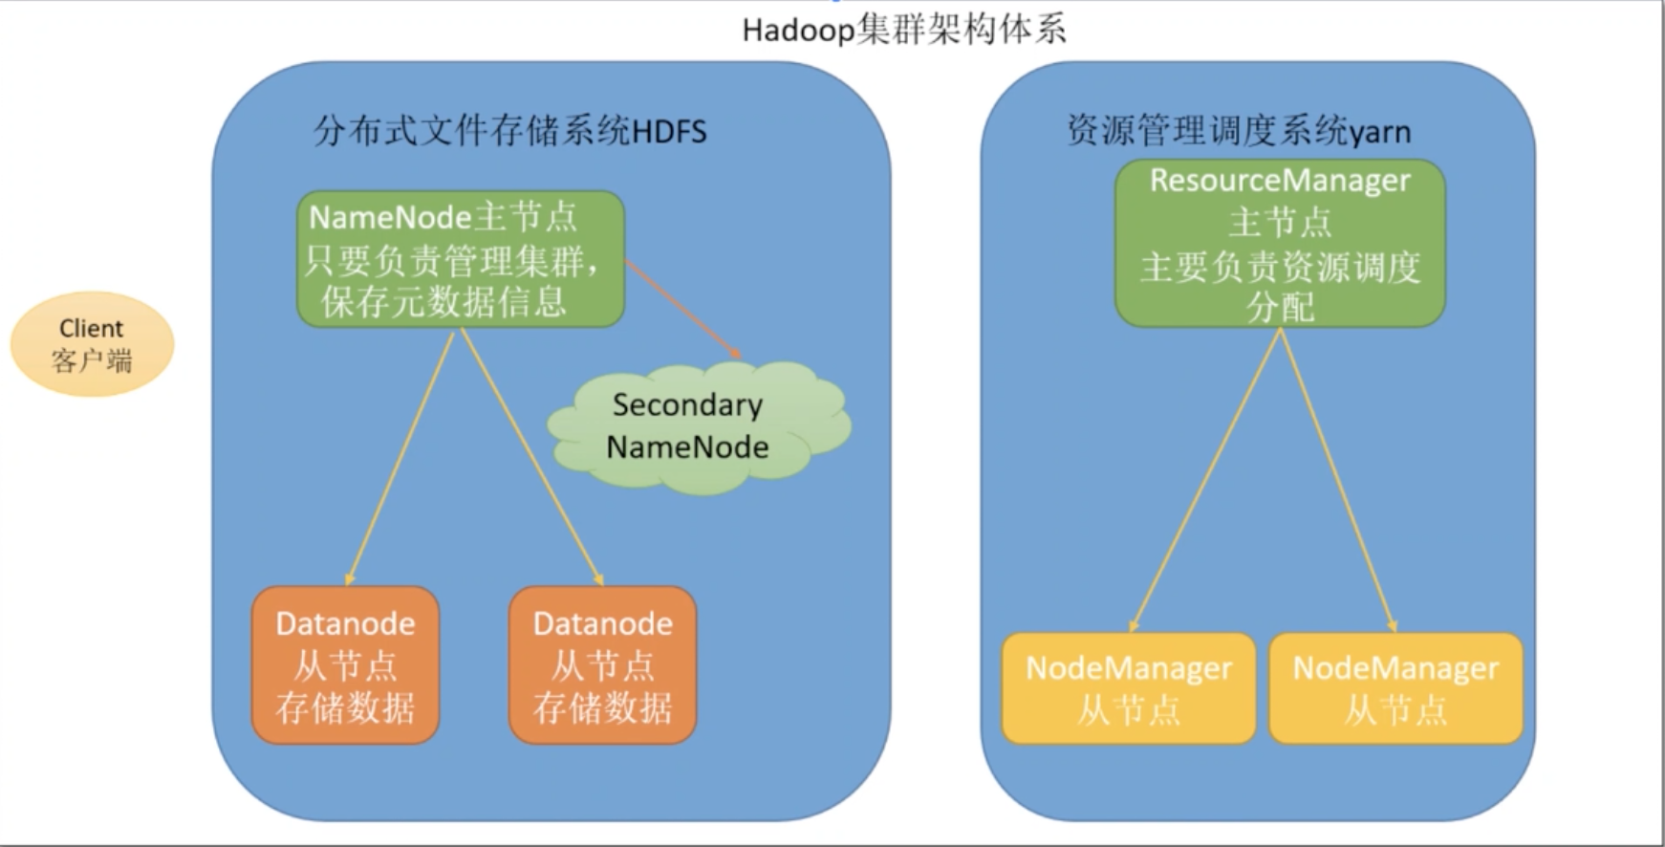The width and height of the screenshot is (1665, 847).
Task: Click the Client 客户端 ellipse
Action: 92,344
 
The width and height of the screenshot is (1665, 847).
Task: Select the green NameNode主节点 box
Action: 461,259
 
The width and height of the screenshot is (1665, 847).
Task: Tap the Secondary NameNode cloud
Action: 699,426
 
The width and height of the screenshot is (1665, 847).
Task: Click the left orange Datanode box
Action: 345,665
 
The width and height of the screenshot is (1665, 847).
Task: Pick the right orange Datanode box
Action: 602,665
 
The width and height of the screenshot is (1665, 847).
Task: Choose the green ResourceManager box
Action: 1280,244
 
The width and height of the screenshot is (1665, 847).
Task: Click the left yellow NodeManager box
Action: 1129,688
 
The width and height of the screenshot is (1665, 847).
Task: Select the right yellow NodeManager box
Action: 1395,688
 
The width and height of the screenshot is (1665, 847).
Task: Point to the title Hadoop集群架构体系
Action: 904,31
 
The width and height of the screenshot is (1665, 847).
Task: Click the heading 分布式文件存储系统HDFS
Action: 510,131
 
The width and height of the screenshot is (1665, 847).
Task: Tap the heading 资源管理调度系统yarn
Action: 1239,131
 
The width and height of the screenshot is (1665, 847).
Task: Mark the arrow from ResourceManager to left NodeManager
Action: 1204,480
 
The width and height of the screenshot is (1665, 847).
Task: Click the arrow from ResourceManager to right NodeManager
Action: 1338,480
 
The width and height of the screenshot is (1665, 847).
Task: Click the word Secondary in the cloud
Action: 688,405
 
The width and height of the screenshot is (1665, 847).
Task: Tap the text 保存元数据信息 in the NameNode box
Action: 443,301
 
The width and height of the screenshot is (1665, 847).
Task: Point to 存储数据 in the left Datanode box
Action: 345,708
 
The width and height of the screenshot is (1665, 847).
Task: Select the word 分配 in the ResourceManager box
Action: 1280,307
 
